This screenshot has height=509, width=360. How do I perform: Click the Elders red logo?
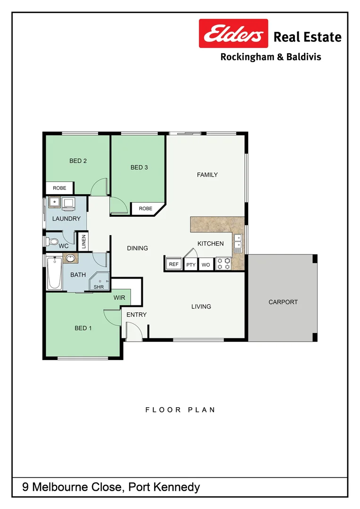233,33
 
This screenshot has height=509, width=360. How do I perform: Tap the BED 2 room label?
78,161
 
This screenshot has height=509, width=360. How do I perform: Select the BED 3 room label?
139,167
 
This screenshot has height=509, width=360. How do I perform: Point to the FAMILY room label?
207,175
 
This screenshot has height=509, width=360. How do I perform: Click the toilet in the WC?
52,242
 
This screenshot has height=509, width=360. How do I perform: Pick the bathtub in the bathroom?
54,273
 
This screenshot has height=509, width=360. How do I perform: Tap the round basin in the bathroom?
71,258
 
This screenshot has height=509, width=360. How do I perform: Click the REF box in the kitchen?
174,264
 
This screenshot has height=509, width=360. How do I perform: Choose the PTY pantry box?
191,265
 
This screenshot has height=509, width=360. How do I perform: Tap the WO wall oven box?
206,265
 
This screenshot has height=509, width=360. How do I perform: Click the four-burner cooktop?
223,263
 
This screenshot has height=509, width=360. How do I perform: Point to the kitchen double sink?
238,241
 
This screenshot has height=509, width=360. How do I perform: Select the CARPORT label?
283,302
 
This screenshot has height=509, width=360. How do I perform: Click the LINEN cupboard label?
84,242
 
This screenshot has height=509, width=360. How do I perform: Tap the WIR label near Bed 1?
119,298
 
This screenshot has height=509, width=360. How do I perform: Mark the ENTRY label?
137,315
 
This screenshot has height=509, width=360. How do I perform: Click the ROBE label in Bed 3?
146,208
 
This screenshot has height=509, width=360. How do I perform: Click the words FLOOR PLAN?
180,410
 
